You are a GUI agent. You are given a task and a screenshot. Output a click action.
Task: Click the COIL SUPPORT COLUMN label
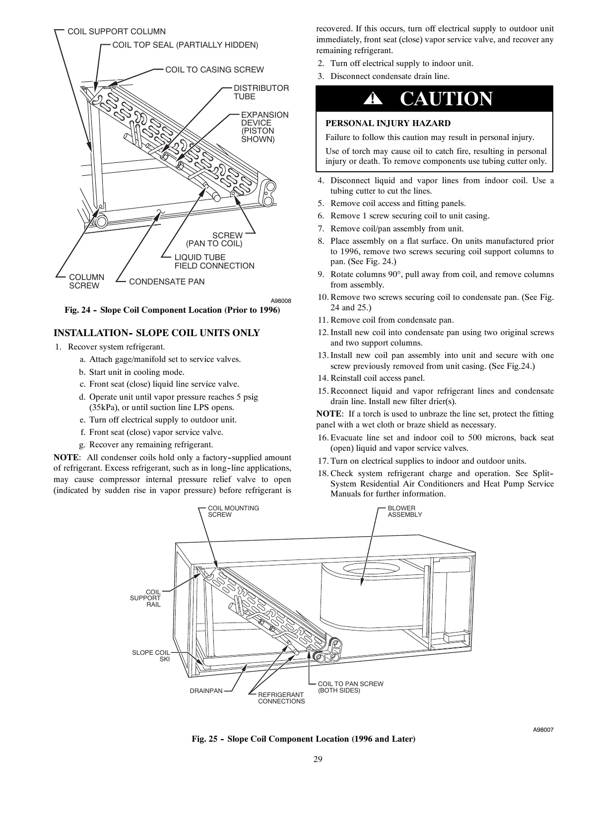(116, 31)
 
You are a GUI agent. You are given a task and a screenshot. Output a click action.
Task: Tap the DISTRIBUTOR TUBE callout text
(261, 92)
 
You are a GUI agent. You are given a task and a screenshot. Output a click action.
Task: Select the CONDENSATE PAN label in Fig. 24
(166, 281)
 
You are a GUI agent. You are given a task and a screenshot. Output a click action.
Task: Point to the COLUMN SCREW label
(86, 281)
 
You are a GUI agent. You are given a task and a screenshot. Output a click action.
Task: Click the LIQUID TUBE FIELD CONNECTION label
(214, 262)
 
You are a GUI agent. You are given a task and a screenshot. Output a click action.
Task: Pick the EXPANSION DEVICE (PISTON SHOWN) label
(264, 127)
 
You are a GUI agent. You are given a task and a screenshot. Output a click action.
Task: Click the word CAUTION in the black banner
(446, 99)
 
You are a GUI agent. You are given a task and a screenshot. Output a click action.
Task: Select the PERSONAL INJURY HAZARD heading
(388, 123)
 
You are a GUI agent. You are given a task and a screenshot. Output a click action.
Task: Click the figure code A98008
(280, 301)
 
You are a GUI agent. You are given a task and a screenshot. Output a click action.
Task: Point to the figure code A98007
(543, 730)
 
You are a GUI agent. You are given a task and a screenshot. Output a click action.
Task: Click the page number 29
(318, 759)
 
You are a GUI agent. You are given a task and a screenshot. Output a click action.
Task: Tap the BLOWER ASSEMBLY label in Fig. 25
(404, 511)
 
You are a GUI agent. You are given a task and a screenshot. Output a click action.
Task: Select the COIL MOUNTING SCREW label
(233, 511)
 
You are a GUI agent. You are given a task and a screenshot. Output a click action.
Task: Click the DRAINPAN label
(206, 691)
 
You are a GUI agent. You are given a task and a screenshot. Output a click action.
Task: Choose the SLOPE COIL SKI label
(151, 655)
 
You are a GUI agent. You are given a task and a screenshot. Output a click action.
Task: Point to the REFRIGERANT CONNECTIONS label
(281, 697)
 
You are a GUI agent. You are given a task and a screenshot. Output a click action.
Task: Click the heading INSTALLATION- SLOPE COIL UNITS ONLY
(156, 333)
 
